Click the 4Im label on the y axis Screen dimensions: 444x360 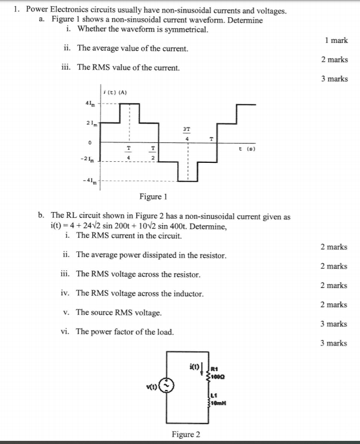point(88,104)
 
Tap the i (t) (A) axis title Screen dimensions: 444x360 point(114,93)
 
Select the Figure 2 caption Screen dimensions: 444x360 point(186,434)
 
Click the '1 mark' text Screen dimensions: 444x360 point(336,40)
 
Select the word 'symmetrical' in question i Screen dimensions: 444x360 point(184,29)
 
